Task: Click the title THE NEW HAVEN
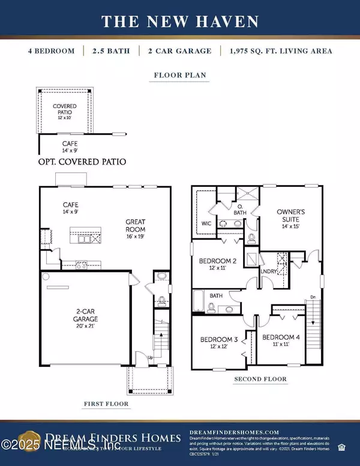180,22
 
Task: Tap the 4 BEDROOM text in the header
51,51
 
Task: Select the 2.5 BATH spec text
112,51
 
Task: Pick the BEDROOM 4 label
280,336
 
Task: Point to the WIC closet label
203,224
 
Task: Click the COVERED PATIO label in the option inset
64,111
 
